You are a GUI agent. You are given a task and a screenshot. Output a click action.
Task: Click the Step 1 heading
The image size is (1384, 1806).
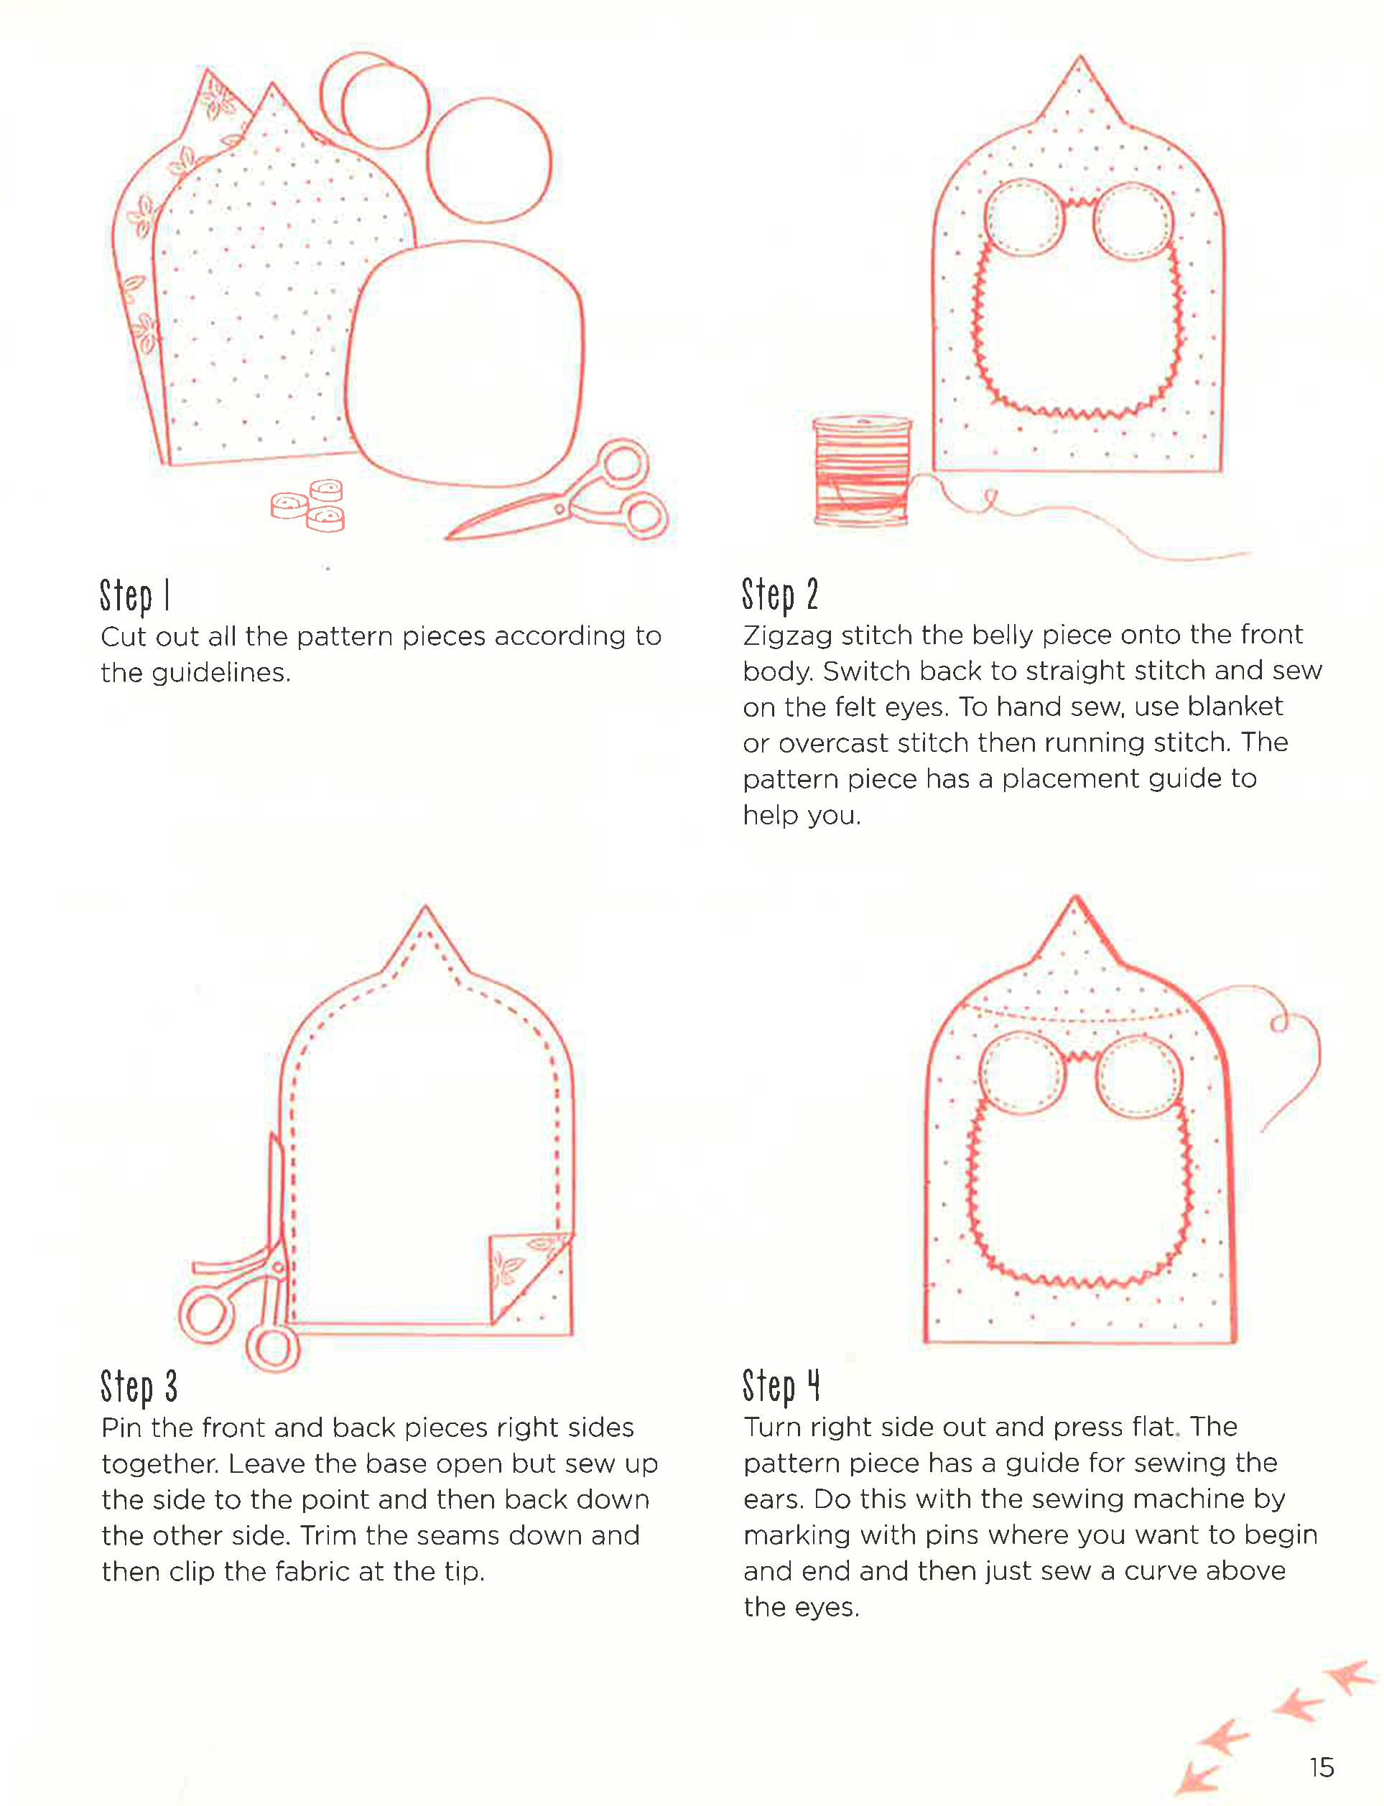134,595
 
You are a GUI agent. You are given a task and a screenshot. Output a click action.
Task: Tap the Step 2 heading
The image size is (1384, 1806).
779,595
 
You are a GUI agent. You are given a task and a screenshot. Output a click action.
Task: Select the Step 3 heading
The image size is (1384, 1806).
139,1386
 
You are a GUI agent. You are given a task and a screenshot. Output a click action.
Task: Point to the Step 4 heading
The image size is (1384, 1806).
780,1385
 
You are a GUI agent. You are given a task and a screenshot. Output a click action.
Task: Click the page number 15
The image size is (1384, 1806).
1321,1767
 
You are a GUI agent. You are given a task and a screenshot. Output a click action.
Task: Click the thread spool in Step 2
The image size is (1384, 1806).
862,471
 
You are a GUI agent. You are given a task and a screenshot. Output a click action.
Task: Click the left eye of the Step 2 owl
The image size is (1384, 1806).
1024,218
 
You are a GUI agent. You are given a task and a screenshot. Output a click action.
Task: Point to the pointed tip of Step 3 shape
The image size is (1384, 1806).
425,913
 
